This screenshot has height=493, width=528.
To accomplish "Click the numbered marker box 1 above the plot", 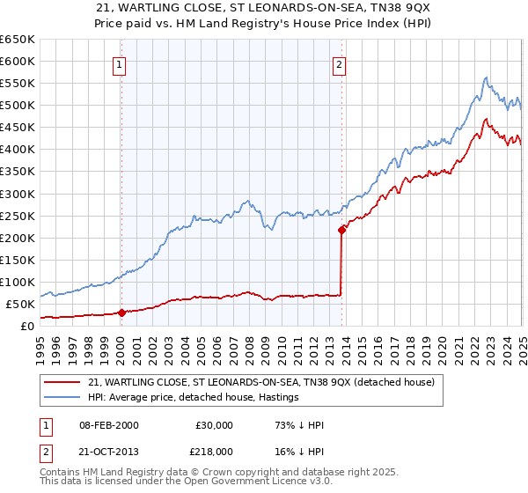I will click(118, 63).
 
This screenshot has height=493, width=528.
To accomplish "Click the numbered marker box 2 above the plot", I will click(339, 63).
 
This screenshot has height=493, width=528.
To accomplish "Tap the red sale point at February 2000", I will click(121, 313).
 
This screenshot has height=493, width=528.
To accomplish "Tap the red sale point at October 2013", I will click(341, 230).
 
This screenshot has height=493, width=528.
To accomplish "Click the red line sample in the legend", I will click(62, 383).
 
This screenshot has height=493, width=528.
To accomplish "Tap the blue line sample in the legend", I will click(62, 398).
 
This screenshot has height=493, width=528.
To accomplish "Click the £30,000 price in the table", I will click(215, 425).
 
